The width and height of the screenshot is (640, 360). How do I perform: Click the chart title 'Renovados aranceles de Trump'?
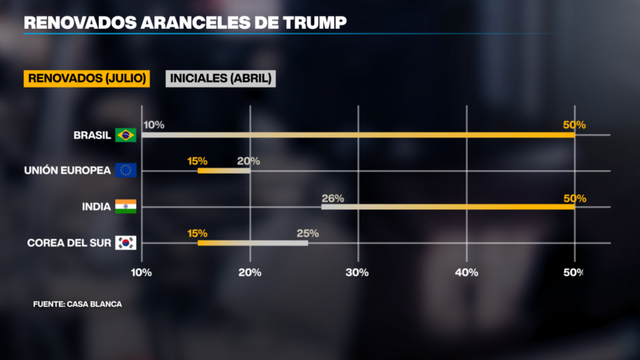185,23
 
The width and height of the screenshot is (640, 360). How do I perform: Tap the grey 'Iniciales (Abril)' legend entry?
221,78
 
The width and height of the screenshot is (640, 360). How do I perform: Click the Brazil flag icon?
125,135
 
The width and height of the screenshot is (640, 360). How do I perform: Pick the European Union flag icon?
125,171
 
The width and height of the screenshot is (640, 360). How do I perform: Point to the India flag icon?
125,206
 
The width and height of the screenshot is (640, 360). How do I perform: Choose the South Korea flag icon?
125,242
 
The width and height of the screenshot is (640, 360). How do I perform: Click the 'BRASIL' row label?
92,135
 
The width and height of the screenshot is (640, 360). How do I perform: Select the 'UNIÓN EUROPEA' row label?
67,171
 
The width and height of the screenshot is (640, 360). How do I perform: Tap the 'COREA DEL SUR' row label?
69,242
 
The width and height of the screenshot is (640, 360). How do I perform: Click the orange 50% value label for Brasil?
575,125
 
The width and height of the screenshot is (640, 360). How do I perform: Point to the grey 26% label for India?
332,198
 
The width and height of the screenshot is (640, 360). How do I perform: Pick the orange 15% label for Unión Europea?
197,161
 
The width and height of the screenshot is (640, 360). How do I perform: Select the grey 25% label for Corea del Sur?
308,233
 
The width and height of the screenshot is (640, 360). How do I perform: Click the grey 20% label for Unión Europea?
249,161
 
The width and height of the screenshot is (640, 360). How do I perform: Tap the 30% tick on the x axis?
358,272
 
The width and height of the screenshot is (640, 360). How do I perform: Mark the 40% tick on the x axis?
466,272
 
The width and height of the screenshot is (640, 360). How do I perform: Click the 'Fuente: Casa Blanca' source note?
78,304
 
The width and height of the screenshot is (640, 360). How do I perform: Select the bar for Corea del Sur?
253,243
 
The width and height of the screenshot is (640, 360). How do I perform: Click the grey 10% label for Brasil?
154,125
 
